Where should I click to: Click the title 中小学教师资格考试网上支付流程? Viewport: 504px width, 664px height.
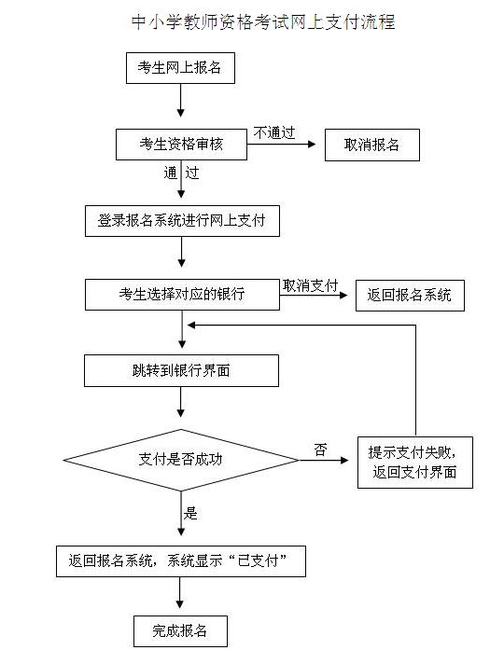click(263, 22)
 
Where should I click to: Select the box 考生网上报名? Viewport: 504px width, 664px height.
click(180, 68)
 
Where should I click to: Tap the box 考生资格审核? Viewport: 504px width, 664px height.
click(181, 145)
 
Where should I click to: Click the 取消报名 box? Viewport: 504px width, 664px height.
click(372, 145)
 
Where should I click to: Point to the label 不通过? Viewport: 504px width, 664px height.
click(274, 132)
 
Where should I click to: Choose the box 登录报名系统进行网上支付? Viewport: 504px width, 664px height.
click(182, 221)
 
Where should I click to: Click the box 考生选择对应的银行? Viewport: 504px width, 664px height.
click(182, 295)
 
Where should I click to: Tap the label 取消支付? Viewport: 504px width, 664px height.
click(310, 286)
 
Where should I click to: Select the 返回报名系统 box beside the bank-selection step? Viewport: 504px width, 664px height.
click(410, 295)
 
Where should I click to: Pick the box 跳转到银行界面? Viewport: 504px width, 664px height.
click(181, 370)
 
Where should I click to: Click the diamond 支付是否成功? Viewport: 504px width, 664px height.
click(181, 460)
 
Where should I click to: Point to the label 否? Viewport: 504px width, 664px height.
click(321, 450)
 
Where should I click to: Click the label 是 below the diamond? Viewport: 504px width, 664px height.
click(190, 513)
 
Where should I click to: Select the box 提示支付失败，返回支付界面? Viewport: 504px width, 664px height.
click(415, 463)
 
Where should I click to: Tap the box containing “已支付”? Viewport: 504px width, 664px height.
click(181, 561)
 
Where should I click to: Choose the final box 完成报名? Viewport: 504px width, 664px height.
click(180, 631)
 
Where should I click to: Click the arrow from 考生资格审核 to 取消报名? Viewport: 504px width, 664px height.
click(282, 145)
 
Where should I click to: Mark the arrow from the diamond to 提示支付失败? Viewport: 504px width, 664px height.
click(324, 461)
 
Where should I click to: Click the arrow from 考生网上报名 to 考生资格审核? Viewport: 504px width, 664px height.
click(180, 101)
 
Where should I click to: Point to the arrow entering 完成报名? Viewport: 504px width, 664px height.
click(180, 593)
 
